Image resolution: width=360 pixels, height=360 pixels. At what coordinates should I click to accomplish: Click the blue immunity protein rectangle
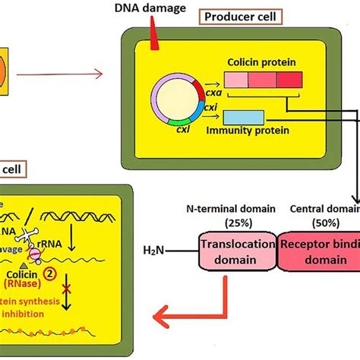(x=244, y=118)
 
